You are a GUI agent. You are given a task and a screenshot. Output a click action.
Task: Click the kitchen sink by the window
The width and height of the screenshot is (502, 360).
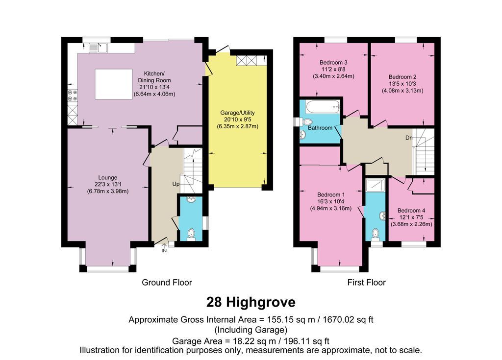pos(100,48)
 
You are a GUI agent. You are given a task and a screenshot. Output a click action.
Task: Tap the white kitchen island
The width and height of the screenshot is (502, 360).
pos(113,84)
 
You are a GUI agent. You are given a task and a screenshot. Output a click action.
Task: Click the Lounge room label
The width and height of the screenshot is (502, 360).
pos(107,177)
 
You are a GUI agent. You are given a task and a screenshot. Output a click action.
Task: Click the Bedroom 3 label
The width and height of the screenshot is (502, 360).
pos(333,63)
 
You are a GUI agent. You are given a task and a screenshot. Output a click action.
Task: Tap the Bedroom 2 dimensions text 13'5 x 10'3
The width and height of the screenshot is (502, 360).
pos(402,84)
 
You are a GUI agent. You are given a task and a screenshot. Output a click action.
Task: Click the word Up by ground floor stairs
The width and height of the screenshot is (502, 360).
pos(176,184)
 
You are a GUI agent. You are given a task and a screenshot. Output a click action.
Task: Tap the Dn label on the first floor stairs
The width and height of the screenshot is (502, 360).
pos(409,138)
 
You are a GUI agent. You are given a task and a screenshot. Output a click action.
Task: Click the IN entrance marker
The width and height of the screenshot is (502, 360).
pos(164,251)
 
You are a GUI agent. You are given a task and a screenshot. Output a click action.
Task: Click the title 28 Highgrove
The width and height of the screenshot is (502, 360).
pos(251,301)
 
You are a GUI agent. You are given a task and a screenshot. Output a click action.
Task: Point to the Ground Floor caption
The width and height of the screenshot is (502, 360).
pos(167,283)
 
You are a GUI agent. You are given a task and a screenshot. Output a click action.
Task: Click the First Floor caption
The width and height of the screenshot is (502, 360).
pos(366,283)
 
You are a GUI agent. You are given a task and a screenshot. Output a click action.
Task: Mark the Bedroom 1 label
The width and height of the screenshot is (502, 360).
pos(331,194)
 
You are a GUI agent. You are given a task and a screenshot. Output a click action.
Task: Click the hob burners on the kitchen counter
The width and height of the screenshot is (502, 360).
pos(73,99)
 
